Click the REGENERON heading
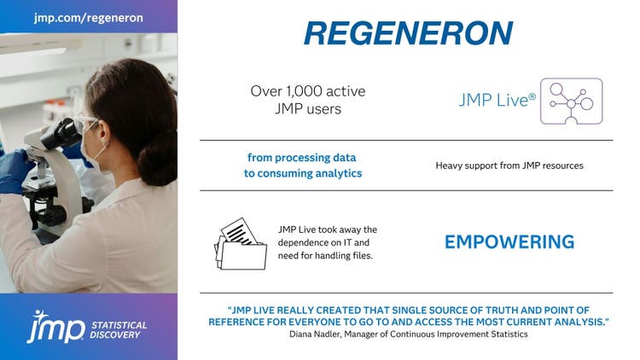pyautogui.click(x=408, y=32)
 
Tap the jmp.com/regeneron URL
pyautogui.click(x=89, y=17)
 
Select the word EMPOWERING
pyautogui.click(x=509, y=242)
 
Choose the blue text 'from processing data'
pyautogui.click(x=301, y=158)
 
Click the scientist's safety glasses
pyautogui.click(x=89, y=122)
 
